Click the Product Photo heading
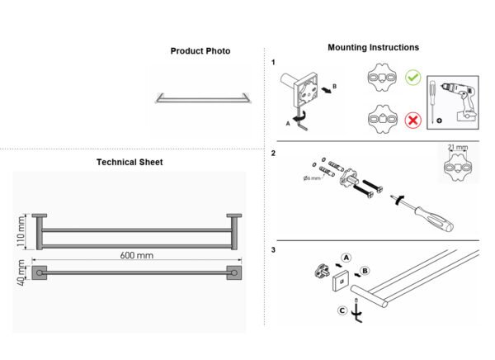tap(200, 51)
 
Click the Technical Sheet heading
tap(130, 162)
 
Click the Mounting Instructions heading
tap(373, 47)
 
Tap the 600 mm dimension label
tap(137, 255)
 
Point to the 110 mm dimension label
tap(21, 231)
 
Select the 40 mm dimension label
tap(21, 272)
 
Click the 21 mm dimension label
tap(458, 147)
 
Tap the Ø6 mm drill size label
tap(312, 178)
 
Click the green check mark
tap(413, 78)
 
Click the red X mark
tap(413, 120)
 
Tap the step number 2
tap(273, 154)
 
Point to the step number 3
tap(273, 250)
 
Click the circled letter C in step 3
tap(342, 310)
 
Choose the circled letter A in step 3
tap(346, 258)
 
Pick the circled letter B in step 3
tap(365, 271)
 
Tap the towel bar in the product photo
tap(204, 98)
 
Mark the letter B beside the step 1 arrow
tap(335, 87)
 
